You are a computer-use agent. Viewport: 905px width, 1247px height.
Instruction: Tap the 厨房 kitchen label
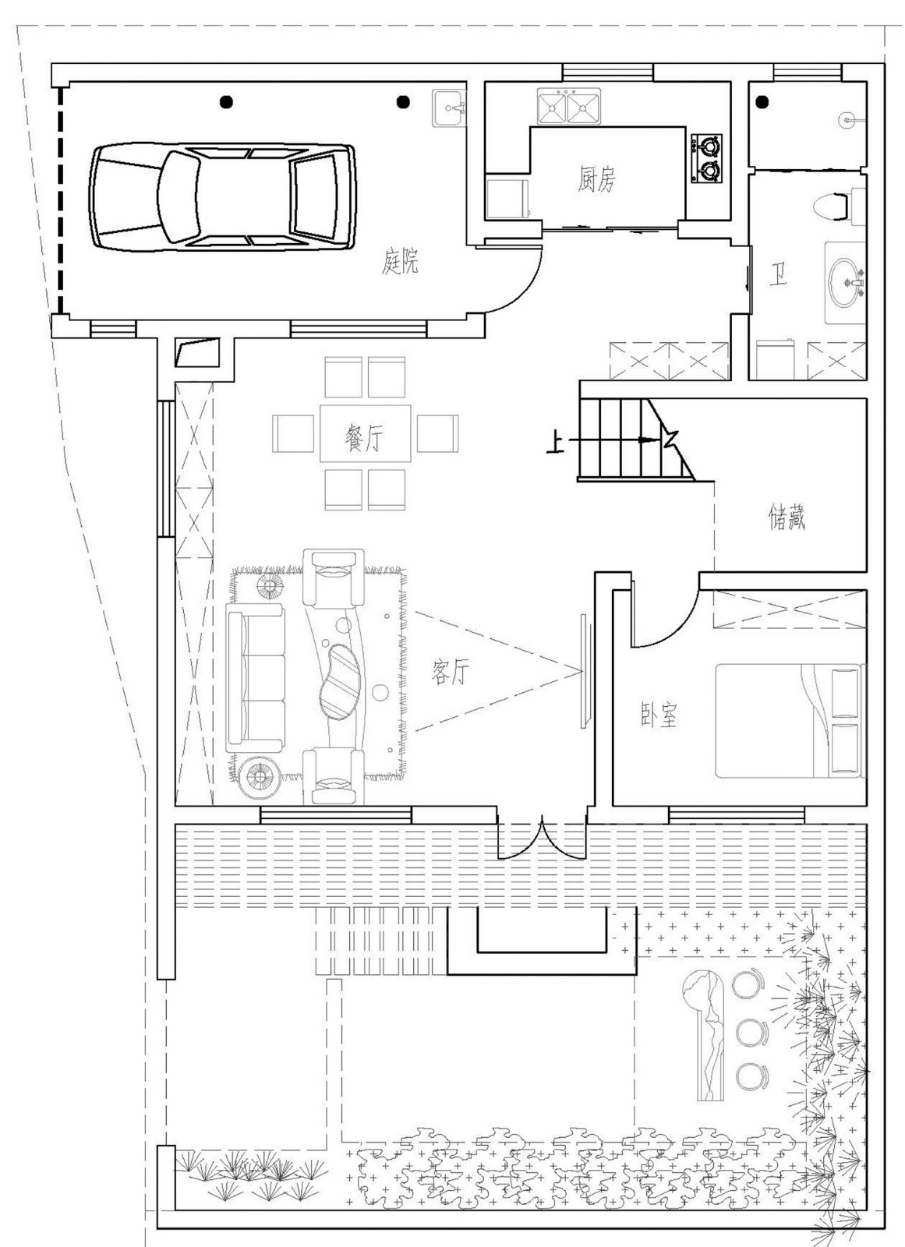coord(596,181)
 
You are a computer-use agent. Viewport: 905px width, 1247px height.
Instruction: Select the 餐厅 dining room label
coord(364,439)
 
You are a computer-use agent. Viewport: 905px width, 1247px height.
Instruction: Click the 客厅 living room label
coord(451,672)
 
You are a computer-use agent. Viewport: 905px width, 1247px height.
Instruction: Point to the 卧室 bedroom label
coord(659,715)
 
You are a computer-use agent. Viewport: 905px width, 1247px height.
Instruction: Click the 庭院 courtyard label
coord(401,261)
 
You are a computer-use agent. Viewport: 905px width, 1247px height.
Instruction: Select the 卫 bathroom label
coord(777,274)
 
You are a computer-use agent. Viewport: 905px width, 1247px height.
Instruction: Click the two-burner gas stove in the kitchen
coord(706,158)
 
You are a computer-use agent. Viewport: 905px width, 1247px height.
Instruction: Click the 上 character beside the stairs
coord(554,443)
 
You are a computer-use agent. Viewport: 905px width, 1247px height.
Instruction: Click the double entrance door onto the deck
coord(542,837)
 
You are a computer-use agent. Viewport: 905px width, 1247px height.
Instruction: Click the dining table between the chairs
coord(365,433)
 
